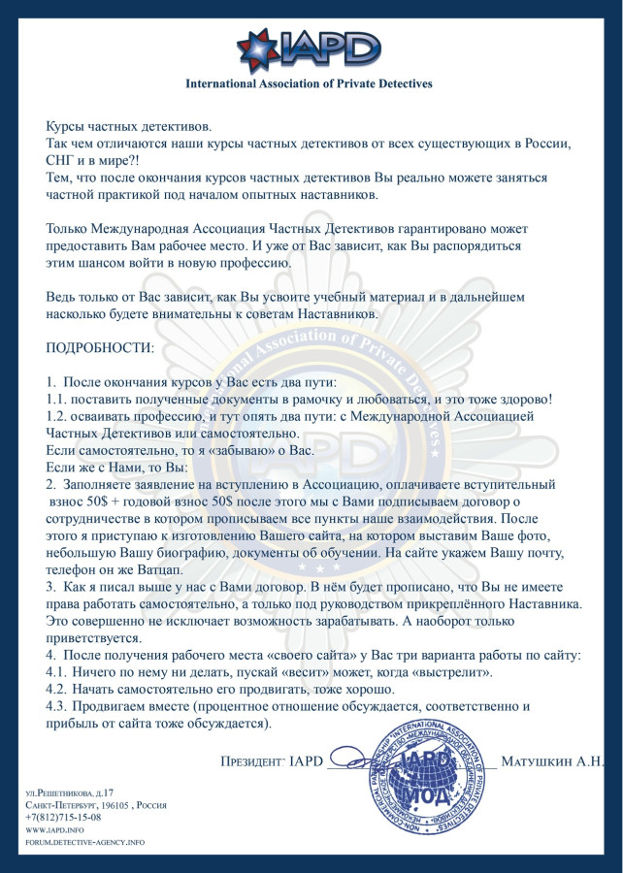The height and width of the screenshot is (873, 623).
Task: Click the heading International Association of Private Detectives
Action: (309, 84)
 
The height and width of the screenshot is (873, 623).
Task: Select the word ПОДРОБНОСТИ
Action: (100, 346)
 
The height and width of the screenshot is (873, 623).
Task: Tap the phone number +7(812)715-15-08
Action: (63, 817)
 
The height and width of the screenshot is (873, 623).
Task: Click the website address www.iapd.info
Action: (54, 829)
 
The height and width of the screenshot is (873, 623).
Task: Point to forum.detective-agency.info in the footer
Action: (84, 842)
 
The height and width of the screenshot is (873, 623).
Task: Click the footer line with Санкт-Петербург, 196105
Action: (96, 805)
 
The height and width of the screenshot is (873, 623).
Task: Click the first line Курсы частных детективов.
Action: (128, 127)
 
